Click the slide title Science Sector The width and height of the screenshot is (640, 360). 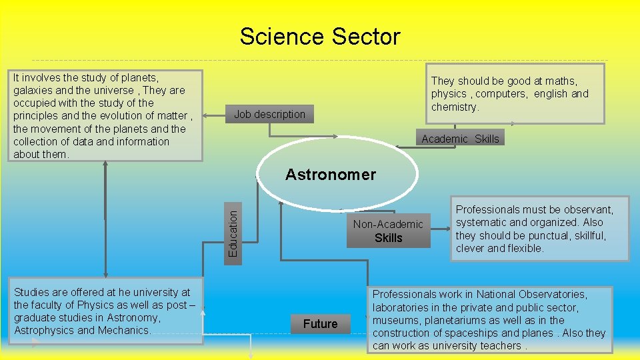click(320, 36)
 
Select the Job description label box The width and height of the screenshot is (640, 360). click(269, 114)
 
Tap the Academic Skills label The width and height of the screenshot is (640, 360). click(460, 139)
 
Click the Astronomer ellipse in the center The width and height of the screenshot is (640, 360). click(331, 175)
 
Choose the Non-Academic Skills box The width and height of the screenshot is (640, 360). click(388, 231)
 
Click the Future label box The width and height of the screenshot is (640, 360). click(320, 324)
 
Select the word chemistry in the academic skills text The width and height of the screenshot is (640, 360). click(455, 107)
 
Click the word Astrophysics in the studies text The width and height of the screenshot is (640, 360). click(44, 331)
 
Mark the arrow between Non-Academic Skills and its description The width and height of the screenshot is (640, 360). click(441, 231)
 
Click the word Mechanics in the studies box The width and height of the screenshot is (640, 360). click(125, 331)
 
